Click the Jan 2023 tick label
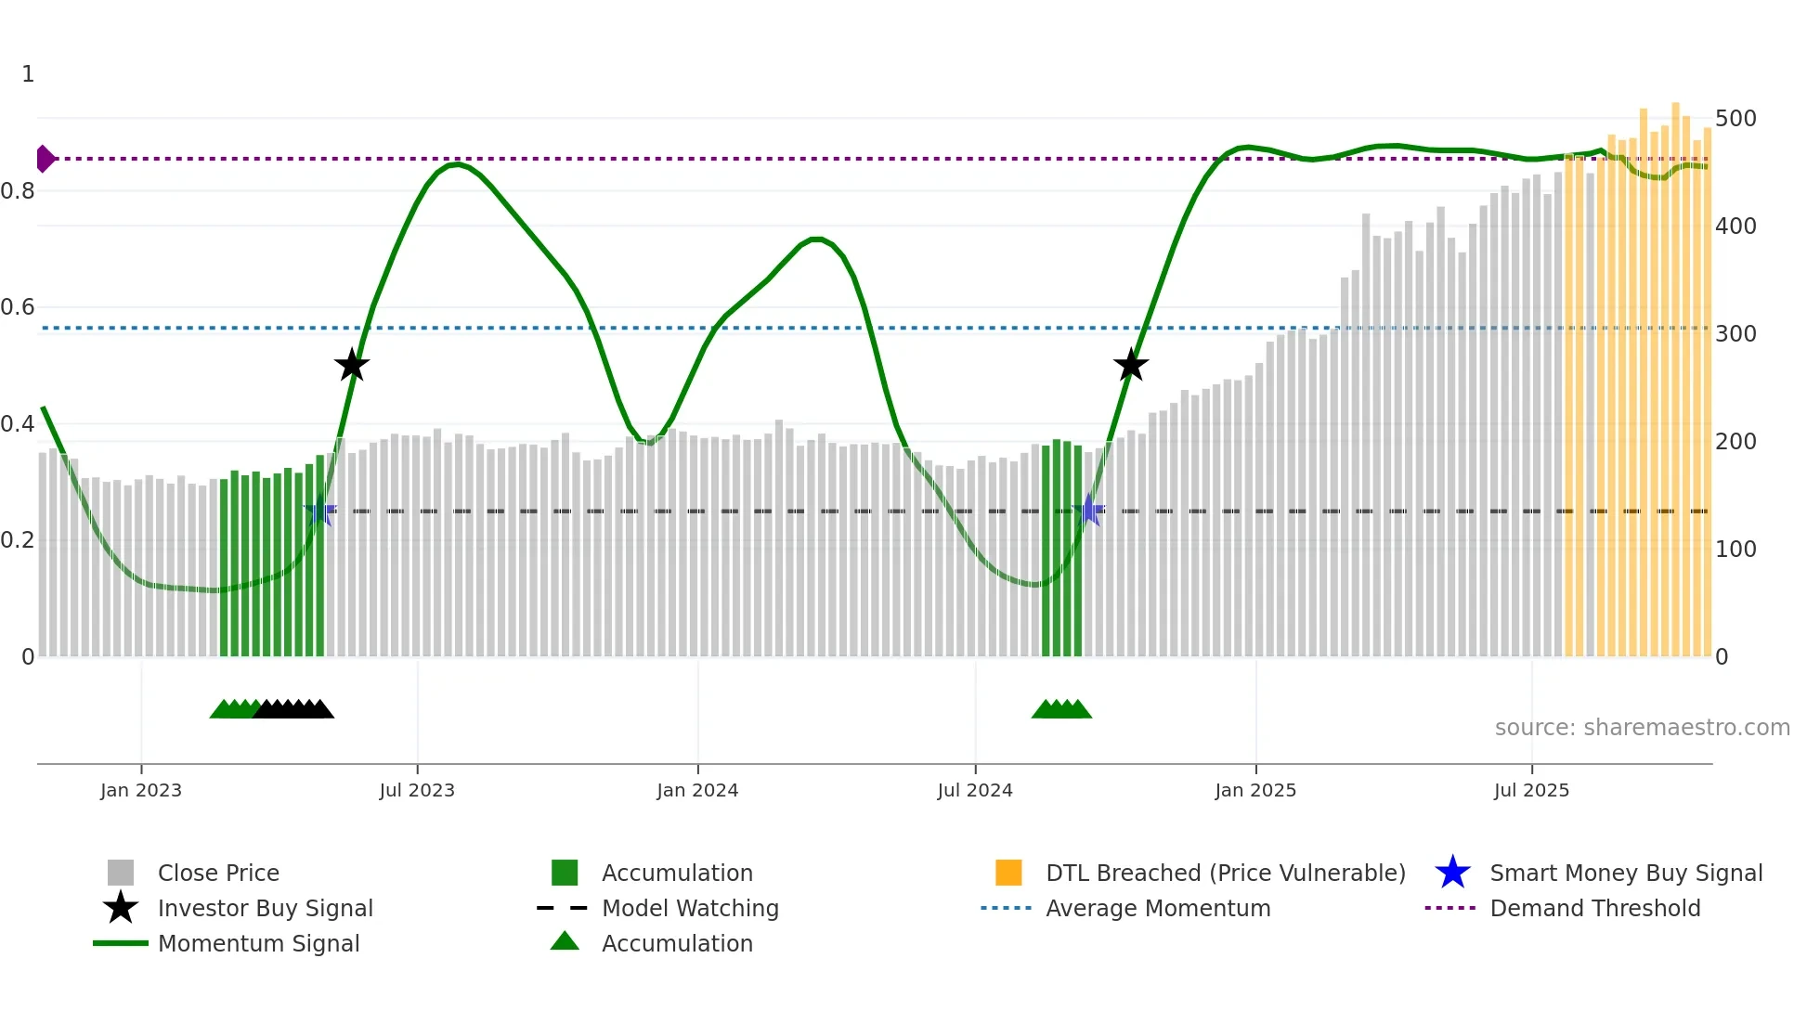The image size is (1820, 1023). [x=141, y=790]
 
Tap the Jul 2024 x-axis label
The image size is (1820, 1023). [x=975, y=790]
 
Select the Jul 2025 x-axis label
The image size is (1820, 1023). [x=1531, y=790]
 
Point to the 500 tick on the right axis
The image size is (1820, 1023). [x=1735, y=119]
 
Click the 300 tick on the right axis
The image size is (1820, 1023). [x=1735, y=334]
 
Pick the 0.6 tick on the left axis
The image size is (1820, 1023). [x=18, y=307]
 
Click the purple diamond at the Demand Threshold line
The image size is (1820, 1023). [x=45, y=159]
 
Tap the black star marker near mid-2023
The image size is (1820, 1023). [x=352, y=365]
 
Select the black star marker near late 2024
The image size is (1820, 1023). [x=1131, y=365]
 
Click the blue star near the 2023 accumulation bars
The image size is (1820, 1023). [x=319, y=511]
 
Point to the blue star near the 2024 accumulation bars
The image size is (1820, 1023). [x=1089, y=511]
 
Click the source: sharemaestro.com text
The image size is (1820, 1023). [x=1642, y=728]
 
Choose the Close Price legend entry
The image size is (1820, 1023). [x=218, y=873]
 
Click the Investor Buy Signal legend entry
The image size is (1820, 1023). [x=265, y=908]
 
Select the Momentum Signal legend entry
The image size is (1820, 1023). [x=258, y=943]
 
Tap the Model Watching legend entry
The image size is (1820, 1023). [x=690, y=908]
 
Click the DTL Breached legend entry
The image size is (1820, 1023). [x=1225, y=873]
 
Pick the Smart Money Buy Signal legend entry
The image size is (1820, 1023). [x=1625, y=873]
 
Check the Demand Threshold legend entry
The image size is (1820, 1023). [x=1594, y=908]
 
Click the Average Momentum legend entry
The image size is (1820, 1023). [x=1158, y=908]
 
